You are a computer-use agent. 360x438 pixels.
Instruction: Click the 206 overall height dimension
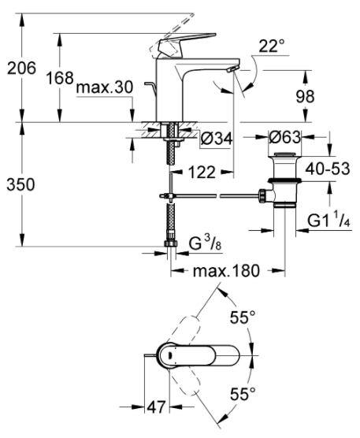[21, 68]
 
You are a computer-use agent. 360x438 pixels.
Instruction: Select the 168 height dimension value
[60, 78]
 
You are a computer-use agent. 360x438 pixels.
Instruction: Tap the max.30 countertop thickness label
[105, 87]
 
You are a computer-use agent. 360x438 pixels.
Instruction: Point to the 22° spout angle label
[272, 46]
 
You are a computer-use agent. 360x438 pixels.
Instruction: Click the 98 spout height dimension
[305, 97]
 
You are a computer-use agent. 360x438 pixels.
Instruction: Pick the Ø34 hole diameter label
[216, 138]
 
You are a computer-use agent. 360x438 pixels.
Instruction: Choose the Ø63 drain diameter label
[285, 137]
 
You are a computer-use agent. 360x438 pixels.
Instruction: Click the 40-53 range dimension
[328, 169]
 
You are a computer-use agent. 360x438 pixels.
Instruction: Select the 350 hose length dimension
[21, 184]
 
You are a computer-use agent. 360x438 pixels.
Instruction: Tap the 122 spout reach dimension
[202, 172]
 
